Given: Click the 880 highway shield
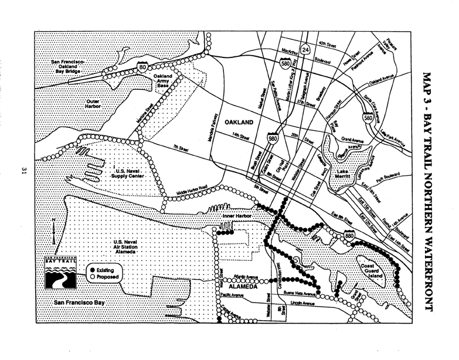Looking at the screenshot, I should (350, 236).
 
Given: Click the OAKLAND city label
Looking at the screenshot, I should (237, 123).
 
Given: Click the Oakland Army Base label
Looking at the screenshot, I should (165, 81).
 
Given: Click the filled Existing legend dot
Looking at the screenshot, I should (93, 269).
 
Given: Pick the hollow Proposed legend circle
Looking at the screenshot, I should (93, 276).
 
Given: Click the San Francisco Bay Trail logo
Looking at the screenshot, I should (61, 272).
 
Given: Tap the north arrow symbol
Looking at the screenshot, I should (54, 230).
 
